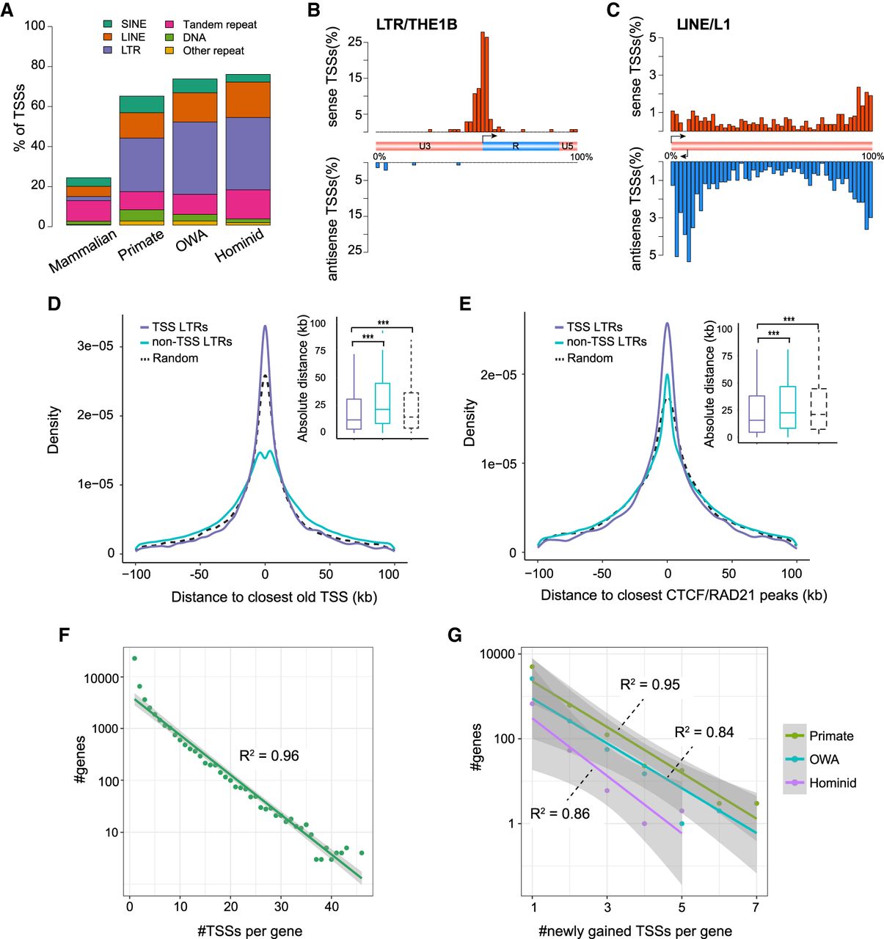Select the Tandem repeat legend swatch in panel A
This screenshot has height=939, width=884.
169,24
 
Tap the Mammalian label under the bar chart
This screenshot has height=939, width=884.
83,251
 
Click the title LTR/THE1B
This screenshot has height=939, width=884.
417,25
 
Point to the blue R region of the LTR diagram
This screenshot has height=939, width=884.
521,146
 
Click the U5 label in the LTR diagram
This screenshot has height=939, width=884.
567,146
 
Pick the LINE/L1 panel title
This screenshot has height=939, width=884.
704,25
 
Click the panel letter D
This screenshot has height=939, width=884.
54,303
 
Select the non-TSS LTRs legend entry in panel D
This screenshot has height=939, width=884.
186,341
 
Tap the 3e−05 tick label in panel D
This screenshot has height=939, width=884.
95,346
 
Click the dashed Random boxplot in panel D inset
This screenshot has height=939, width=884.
412,410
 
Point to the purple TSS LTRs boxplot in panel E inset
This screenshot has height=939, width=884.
757,414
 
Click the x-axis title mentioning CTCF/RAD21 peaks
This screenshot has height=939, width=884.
684,595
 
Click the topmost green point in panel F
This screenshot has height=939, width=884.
134,658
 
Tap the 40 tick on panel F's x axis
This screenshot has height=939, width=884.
332,907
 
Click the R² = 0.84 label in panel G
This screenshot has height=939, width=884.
704,732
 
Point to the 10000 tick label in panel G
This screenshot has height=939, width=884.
497,654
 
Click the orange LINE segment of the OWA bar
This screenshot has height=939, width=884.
194,107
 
